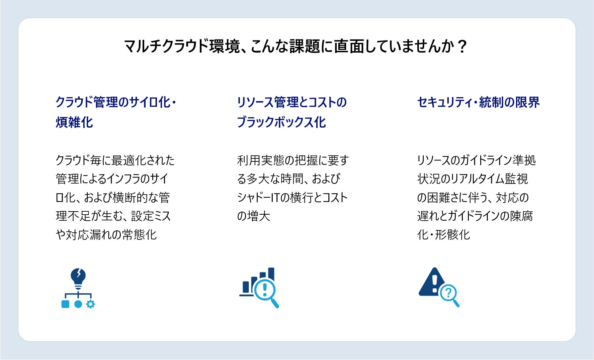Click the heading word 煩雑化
tap(74, 122)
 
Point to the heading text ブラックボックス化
tap(281, 122)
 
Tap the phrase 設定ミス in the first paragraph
tap(151, 216)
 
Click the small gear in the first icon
tap(90, 304)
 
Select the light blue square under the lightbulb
tap(65, 304)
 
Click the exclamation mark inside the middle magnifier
tap(264, 290)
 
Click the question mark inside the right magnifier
tap(448, 293)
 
